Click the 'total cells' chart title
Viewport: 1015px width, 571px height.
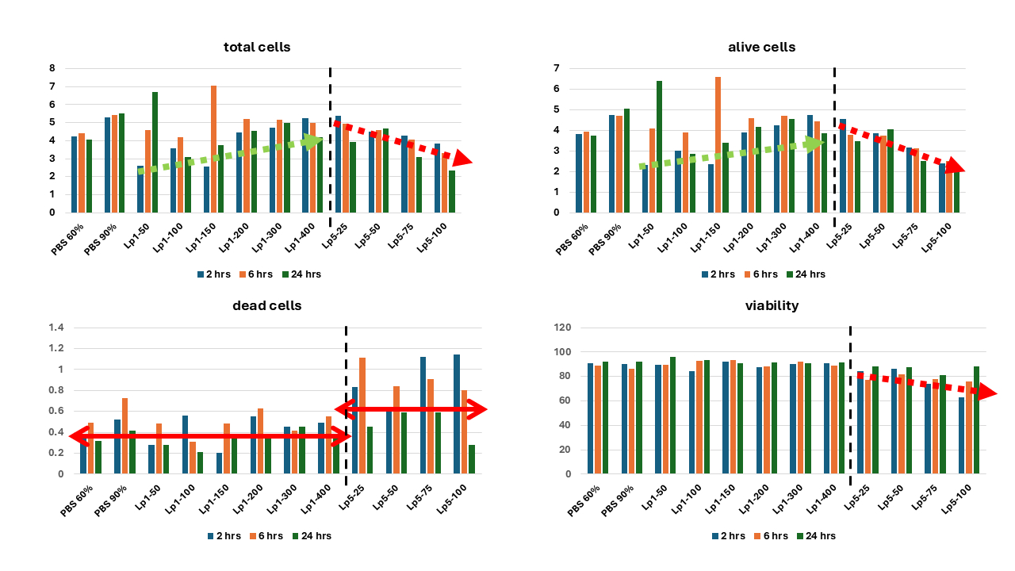(257, 48)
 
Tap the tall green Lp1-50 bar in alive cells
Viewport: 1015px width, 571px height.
(658, 147)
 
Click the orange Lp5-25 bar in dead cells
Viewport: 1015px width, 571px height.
(362, 416)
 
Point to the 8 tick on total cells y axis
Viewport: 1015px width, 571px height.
(52, 68)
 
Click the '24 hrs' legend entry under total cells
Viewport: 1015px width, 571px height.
(302, 274)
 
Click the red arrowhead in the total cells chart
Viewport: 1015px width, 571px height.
(462, 159)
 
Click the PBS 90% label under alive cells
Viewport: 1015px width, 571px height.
(607, 238)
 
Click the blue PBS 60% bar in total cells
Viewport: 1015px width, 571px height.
(75, 174)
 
